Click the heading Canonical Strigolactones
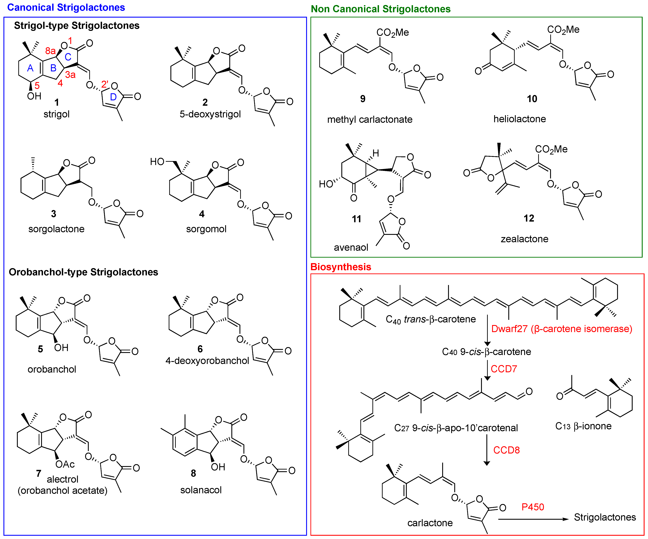click(x=66, y=7)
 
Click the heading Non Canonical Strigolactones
click(x=381, y=9)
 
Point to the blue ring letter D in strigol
click(x=113, y=97)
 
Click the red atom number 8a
click(x=50, y=51)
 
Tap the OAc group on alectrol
click(x=65, y=464)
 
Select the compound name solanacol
click(x=201, y=490)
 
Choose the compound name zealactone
click(x=524, y=239)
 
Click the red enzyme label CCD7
click(x=504, y=369)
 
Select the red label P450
click(x=533, y=507)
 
